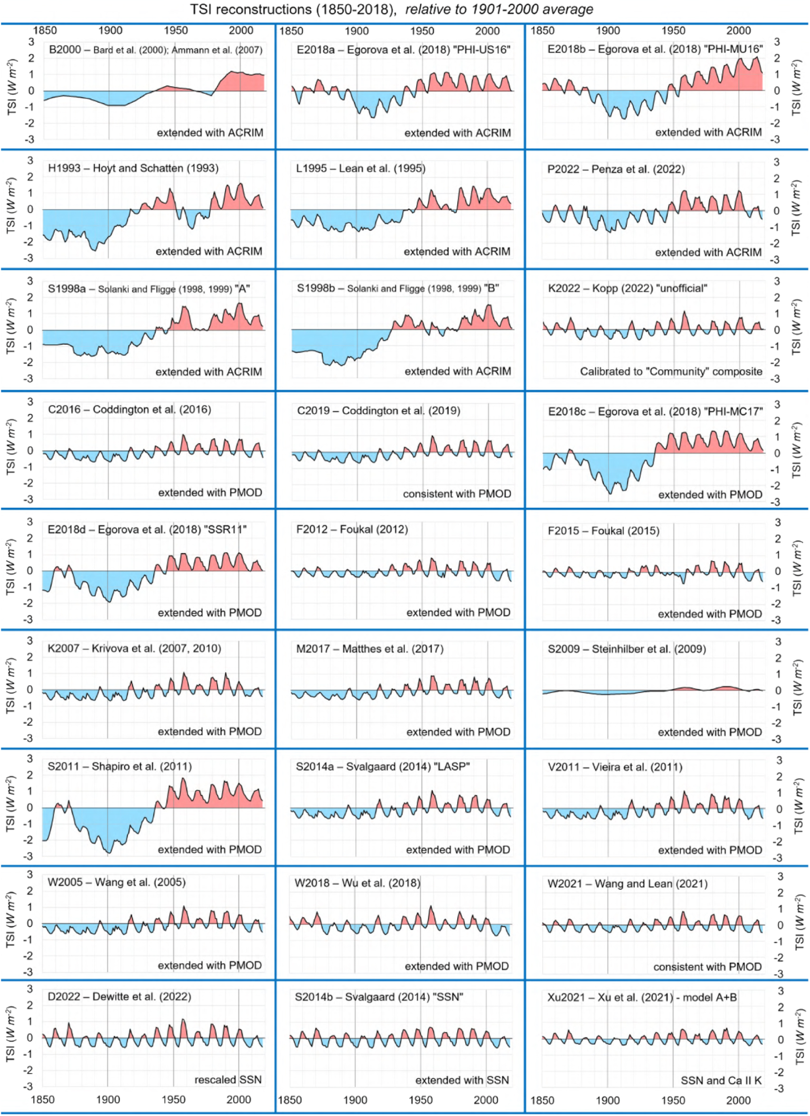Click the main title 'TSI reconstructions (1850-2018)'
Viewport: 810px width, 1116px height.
(x=293, y=9)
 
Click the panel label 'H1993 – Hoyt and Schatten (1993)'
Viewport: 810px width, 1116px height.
(x=133, y=168)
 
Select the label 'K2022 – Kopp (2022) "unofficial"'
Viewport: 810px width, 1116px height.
(x=627, y=288)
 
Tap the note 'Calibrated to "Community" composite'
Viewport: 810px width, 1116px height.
(x=671, y=371)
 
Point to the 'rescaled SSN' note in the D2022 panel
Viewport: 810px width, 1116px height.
(x=228, y=1079)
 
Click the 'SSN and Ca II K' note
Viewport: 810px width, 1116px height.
(x=721, y=1080)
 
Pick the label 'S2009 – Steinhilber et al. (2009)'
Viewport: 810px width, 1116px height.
(x=626, y=649)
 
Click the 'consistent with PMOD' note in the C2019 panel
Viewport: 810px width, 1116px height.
(x=457, y=493)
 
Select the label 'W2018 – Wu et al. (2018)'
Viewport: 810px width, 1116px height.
(x=357, y=883)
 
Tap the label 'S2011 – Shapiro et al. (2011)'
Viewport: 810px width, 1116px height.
(x=120, y=766)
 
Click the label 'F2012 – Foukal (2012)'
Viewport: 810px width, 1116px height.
(x=352, y=530)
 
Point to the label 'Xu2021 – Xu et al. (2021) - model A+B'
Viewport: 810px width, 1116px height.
(x=642, y=997)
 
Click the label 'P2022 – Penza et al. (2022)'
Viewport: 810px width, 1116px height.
(x=616, y=169)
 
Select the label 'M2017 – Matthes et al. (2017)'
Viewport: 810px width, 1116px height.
(x=369, y=649)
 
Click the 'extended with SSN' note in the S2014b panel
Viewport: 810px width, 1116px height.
(x=462, y=1080)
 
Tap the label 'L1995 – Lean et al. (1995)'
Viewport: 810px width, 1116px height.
(x=360, y=168)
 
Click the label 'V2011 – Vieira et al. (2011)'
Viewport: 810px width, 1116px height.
(x=615, y=767)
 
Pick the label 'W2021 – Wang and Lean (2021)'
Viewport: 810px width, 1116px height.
(x=627, y=884)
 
